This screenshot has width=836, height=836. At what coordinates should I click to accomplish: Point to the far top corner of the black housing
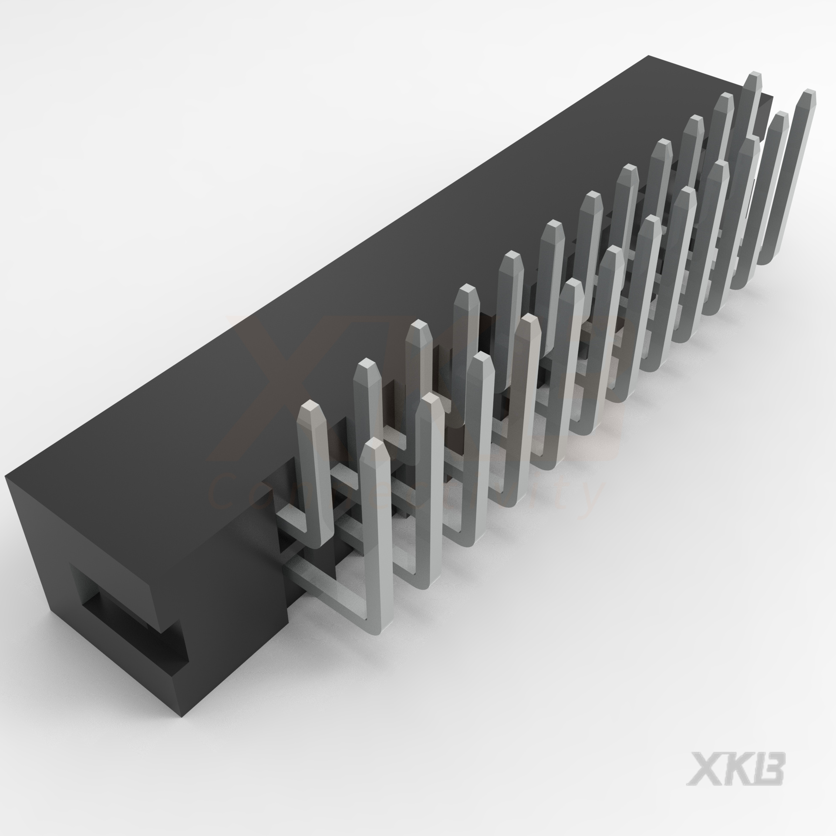click(x=649, y=57)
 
